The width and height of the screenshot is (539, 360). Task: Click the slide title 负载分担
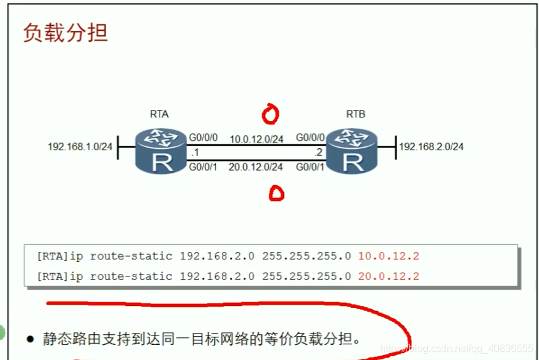coord(65,33)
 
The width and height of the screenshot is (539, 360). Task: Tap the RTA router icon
coord(161,151)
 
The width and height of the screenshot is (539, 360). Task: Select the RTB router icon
coord(354,151)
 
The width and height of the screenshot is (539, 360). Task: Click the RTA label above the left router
coord(159,114)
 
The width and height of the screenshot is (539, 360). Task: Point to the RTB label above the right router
coord(356,114)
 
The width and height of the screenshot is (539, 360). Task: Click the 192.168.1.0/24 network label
coord(80,147)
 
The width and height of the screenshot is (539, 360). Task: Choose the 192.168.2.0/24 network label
coord(432,147)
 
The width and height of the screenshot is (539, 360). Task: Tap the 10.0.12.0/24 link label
coord(256,138)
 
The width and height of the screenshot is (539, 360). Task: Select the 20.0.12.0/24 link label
coord(256,167)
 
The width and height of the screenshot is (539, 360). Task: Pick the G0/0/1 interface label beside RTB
coord(311,167)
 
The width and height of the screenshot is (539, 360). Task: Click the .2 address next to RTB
coord(318,153)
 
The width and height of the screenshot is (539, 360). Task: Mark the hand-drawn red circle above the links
coord(271,114)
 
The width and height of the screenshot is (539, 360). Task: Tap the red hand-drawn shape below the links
coord(276,194)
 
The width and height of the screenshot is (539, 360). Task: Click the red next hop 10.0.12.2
coord(388,256)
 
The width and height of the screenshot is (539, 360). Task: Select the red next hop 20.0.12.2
coord(388,276)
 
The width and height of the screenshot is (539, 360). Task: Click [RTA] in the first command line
coord(52,256)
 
